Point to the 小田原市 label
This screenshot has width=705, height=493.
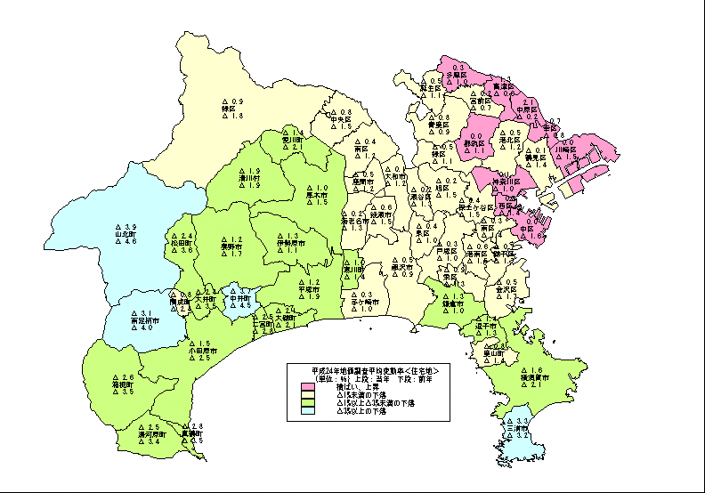point(199,351)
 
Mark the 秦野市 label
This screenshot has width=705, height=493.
point(231,246)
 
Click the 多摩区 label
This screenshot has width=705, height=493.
point(458,76)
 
